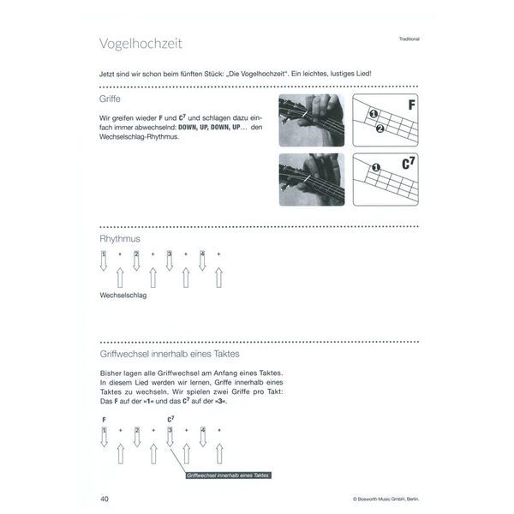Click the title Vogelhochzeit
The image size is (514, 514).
141,44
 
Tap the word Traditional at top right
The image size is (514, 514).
414,39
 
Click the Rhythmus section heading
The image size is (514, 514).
120,238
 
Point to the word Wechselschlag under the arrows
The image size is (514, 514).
123,295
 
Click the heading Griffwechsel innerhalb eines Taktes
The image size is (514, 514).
168,353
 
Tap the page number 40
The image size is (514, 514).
105,498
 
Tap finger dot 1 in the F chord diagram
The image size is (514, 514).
374,116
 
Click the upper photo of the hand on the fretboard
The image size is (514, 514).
312,119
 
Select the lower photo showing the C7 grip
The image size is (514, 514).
312,179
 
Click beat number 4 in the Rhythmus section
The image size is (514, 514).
202,254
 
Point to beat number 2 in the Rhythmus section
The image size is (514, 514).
136,254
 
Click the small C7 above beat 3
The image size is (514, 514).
170,420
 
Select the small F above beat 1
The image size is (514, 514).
104,420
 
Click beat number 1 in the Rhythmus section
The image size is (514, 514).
104,254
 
